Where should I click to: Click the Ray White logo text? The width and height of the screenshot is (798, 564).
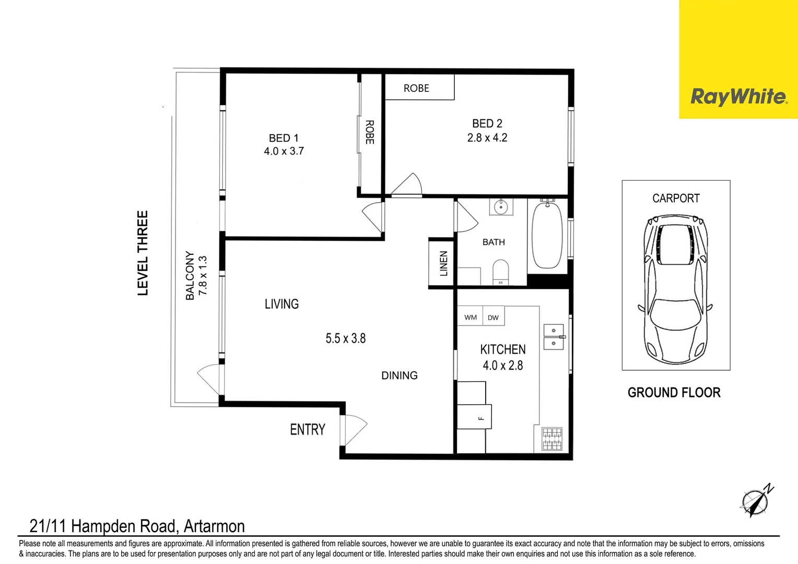coord(738,97)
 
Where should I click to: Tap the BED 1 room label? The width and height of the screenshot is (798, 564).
coord(284,138)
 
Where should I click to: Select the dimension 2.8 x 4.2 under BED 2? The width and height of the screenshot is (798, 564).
coord(487,138)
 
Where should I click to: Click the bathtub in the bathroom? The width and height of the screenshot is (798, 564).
coord(547,236)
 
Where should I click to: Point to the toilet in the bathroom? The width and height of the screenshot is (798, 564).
coord(500,272)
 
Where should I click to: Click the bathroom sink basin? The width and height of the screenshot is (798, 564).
coord(501,207)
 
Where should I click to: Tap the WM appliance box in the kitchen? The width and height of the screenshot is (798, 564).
coord(471,317)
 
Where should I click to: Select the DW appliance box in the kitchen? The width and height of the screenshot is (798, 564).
coord(493,317)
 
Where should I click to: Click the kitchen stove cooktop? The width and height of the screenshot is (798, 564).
coord(551,439)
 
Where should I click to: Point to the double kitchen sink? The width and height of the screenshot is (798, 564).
coord(554,337)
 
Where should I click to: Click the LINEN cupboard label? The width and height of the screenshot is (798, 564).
coord(443,263)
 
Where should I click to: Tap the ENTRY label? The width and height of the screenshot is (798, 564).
coord(308,430)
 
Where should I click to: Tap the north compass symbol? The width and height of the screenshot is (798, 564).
coord(756,501)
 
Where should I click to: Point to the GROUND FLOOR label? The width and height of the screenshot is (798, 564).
coord(674,393)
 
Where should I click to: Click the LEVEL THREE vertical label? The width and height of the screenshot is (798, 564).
coord(143,253)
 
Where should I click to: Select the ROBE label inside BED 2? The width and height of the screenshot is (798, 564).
coord(416,88)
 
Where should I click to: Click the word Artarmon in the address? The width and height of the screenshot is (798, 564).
coord(214,526)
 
